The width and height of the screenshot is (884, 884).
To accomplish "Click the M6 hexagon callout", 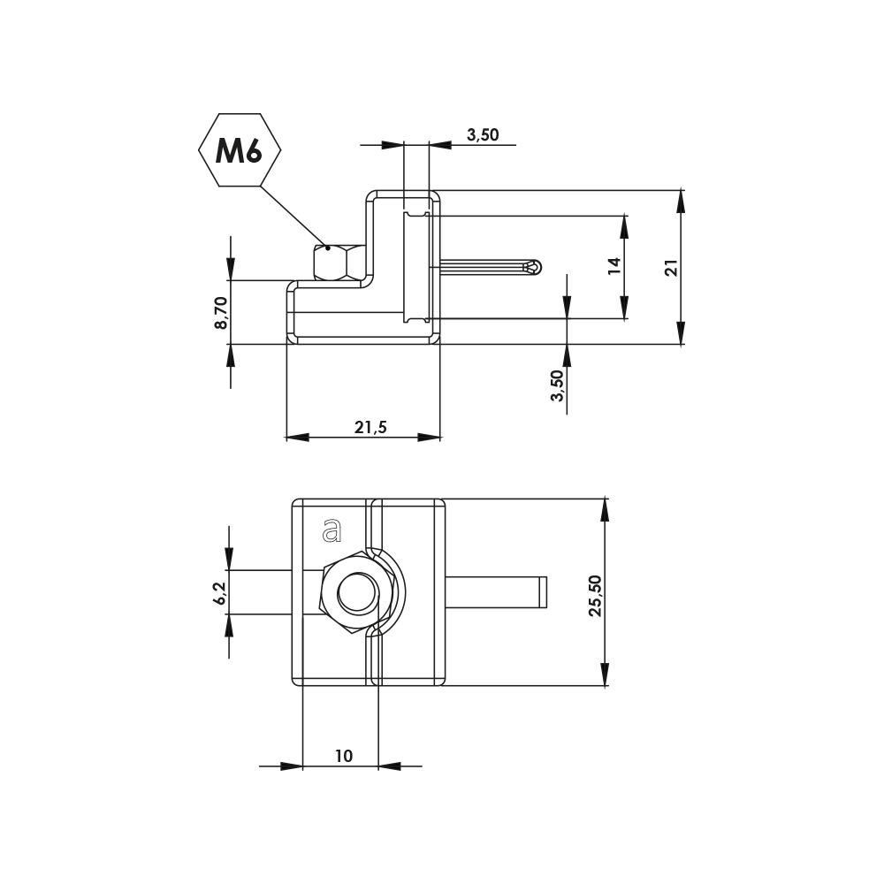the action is click(240, 150).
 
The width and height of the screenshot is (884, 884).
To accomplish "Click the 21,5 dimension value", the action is click(370, 428).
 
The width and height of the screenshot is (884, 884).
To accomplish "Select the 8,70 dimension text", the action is click(221, 312).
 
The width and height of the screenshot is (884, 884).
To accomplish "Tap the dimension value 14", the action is click(614, 265).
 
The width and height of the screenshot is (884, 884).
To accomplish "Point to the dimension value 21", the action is click(671, 267).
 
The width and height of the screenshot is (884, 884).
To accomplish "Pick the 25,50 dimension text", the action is click(595, 595).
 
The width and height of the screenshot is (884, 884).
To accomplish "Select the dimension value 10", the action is click(343, 756).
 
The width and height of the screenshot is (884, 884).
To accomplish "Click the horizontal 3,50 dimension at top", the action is click(483, 134).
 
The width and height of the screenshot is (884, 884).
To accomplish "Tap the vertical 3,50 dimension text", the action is click(556, 385).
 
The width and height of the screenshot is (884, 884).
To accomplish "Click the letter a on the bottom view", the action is click(331, 530).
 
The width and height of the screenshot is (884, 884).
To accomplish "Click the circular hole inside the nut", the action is click(356, 592).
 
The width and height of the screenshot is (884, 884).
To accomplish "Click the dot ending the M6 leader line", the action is click(328, 248).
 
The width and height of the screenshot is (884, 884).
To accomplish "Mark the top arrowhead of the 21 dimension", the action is click(681, 200).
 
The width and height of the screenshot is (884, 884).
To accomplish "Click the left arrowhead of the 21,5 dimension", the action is click(298, 437).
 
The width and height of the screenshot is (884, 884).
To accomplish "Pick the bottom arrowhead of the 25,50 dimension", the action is click(605, 674).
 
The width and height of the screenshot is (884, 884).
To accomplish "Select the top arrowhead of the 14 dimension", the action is click(625, 225).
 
